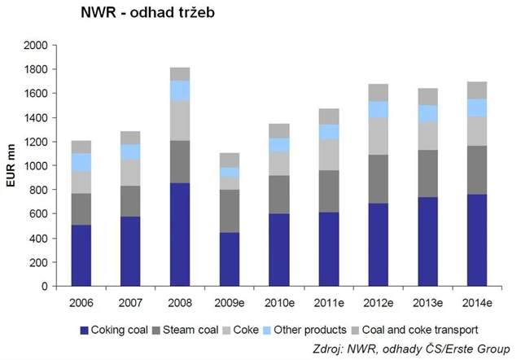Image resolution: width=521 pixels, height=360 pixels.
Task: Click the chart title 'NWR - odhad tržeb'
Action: click(x=147, y=14)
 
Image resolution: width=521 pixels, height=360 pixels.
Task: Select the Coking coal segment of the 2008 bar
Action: click(x=181, y=235)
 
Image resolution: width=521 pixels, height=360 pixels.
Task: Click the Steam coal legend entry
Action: click(x=188, y=330)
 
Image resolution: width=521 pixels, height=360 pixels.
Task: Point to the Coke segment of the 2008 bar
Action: click(x=181, y=121)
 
